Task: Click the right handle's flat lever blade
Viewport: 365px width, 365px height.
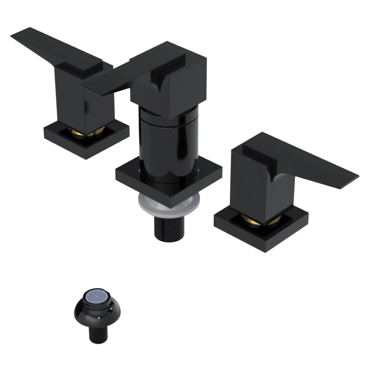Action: [321, 168]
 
